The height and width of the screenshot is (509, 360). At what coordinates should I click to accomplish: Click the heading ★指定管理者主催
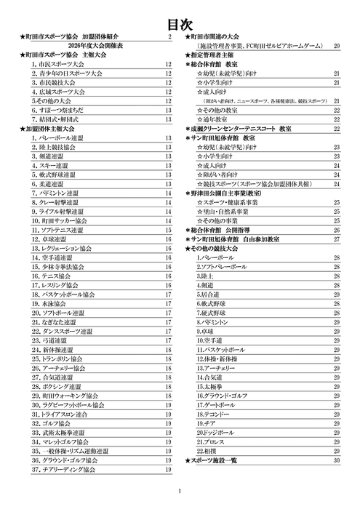point(212,55)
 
